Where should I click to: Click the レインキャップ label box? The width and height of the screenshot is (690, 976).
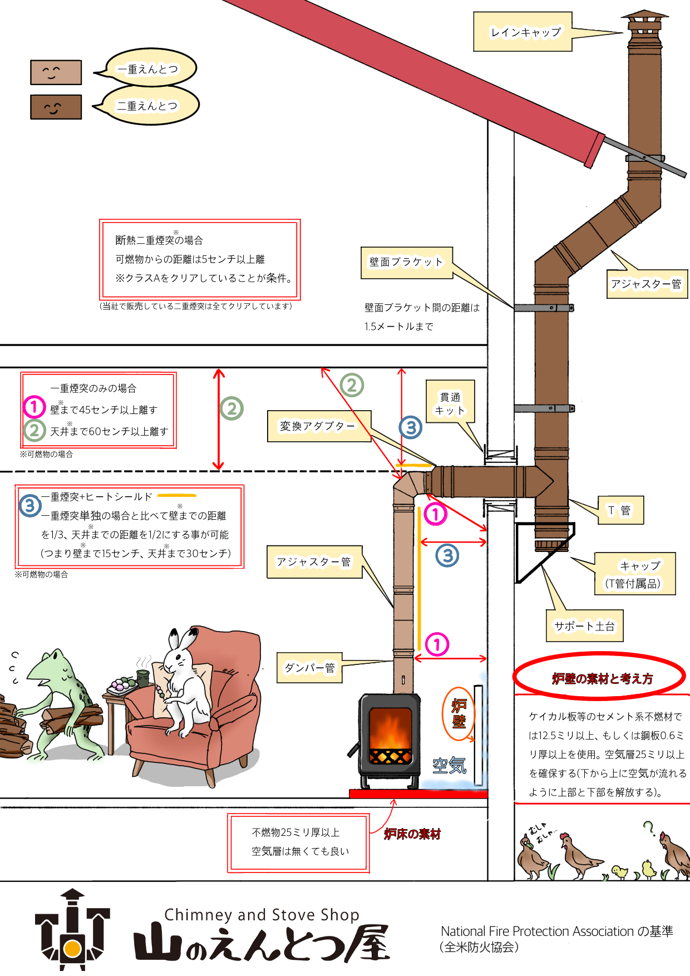523,32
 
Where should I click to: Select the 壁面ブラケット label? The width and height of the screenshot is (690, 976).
406,263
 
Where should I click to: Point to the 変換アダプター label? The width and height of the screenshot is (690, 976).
318,426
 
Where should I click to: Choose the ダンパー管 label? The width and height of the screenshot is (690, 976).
309,668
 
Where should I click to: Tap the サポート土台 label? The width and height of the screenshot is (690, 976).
584,626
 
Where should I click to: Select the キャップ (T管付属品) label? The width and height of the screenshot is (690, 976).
635,574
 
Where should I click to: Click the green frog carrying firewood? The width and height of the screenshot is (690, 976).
61,701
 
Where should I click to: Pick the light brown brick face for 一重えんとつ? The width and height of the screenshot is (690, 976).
56,72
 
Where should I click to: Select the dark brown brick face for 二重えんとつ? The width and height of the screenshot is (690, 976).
56,107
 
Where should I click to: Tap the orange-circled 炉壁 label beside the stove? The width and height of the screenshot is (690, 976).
459,713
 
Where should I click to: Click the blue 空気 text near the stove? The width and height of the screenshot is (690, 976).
449,766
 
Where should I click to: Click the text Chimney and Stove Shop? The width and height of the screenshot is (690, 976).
262,915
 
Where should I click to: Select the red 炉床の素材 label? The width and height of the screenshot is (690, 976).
412,834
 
